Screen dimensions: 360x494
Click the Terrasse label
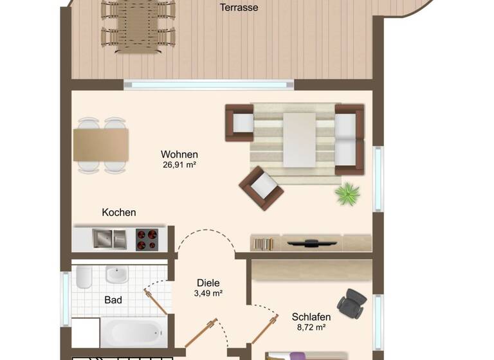pos(239,8)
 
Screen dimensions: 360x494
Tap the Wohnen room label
pos(179,154)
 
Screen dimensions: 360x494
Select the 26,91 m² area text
pos(179,165)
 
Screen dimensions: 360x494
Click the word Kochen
pos(119,212)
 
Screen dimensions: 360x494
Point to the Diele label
pos(208,283)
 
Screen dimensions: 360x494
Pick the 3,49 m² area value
pos(208,294)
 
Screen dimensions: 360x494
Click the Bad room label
pos(113,300)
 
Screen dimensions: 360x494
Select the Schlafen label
pos(311,317)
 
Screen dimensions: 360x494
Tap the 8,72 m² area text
pos(311,328)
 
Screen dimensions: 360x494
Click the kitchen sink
pos(109,239)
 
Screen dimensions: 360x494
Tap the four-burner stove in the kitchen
pos(147,239)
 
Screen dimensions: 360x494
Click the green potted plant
pos(348,194)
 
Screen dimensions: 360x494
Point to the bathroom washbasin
pos(116,274)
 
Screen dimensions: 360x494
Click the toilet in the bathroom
pos(84,276)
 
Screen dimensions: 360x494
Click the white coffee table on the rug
pos(300,138)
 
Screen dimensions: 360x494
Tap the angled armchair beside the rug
pos(261,188)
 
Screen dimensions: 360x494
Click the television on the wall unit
pos(311,243)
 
